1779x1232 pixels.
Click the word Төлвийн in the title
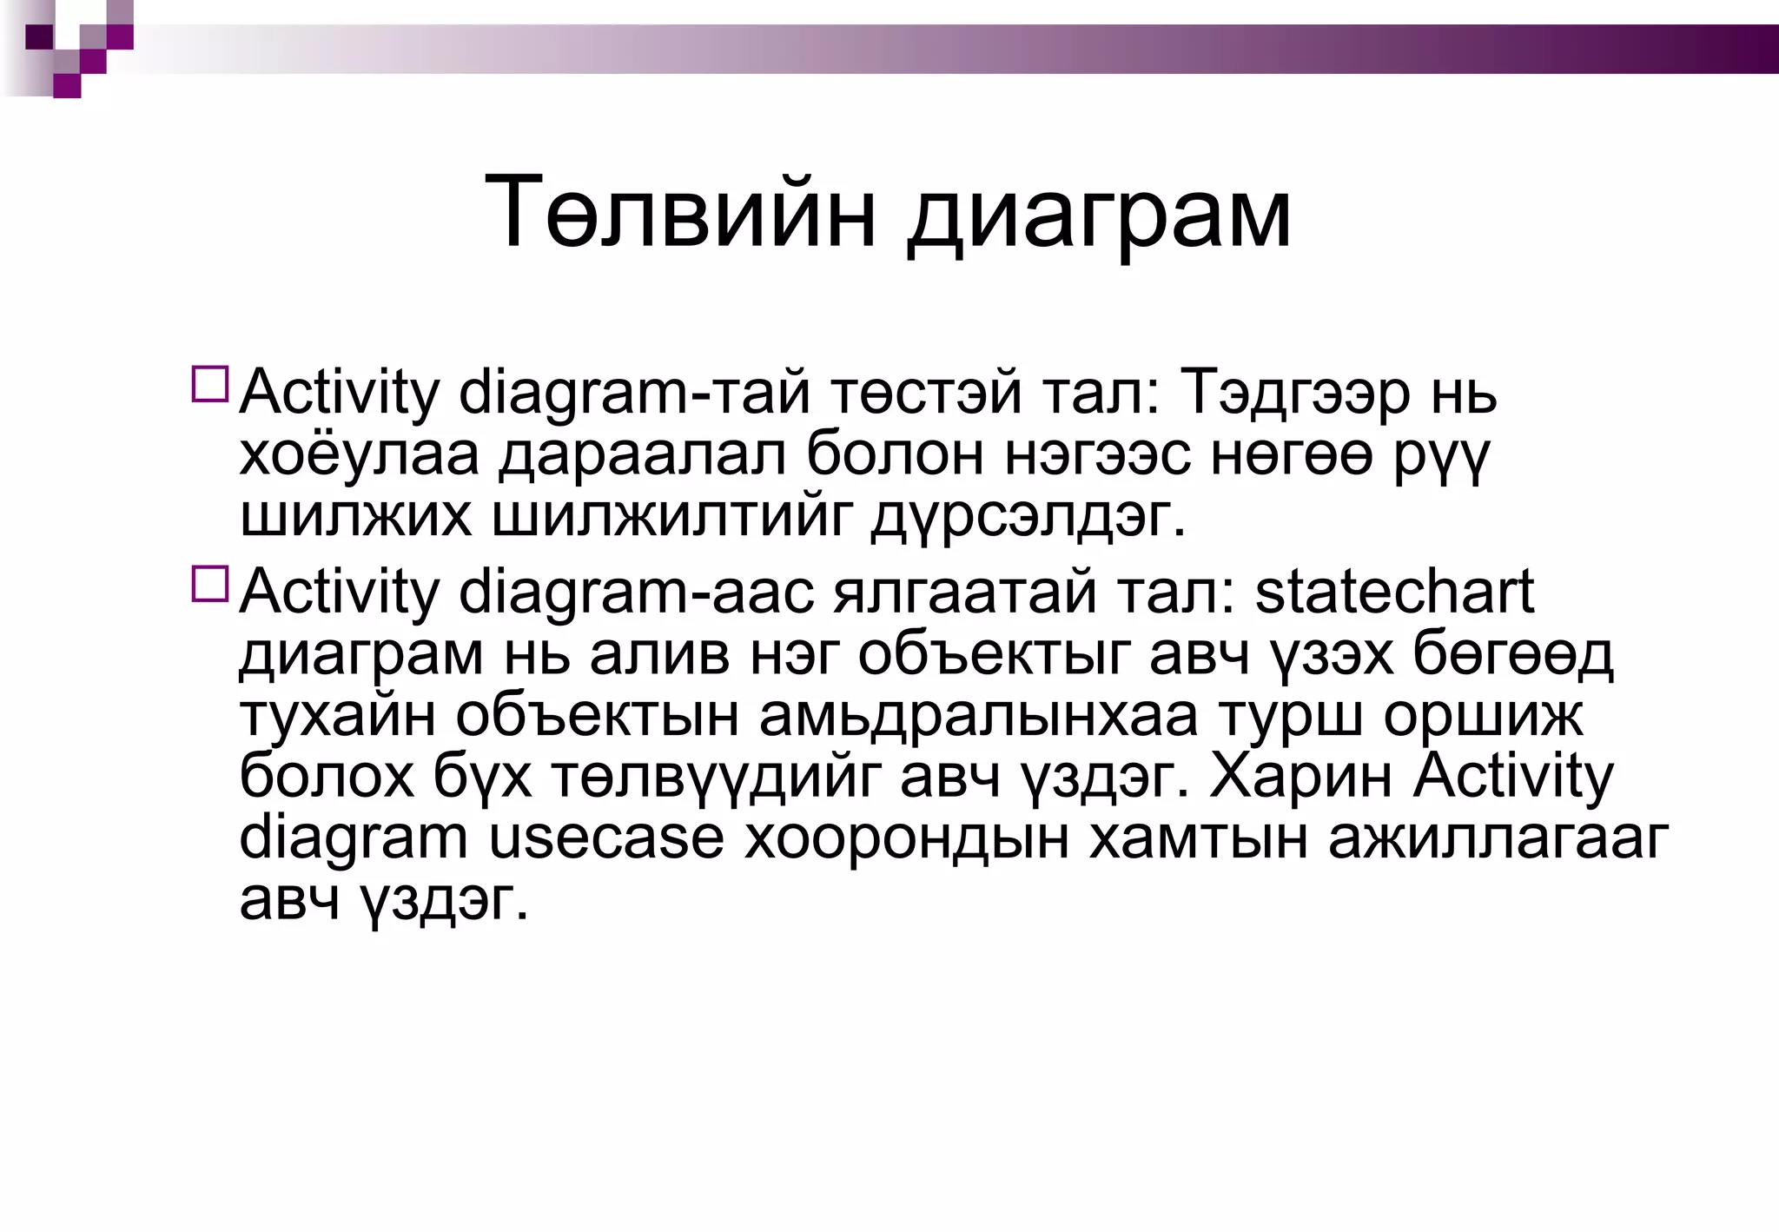679,213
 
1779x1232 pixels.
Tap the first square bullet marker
209,384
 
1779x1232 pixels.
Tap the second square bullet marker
209,584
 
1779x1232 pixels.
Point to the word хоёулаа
359,455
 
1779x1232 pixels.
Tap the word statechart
1394,593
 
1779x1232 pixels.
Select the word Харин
1300,777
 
